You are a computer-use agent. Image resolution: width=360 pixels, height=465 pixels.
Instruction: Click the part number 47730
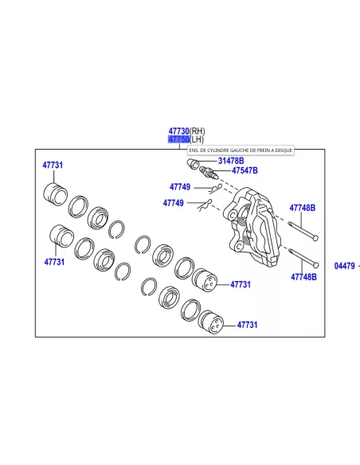coord(179,131)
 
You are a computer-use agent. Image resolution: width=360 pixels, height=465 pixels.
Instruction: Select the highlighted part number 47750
coord(178,139)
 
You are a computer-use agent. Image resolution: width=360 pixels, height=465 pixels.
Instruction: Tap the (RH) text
coord(198,131)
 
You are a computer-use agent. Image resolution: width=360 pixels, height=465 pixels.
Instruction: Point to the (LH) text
coord(197,139)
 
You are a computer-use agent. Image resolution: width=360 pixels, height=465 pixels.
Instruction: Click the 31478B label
coord(231,161)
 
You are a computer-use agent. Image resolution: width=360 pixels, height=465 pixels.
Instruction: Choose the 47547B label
coord(245,170)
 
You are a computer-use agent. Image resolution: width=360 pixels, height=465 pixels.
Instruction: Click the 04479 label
coord(344,266)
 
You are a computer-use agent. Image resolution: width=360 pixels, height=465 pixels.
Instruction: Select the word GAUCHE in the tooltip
coord(237,150)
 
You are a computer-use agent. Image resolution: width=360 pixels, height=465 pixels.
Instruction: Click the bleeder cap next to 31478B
coord(193,163)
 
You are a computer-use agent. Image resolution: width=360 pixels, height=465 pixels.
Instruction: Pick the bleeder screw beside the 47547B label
coord(209,173)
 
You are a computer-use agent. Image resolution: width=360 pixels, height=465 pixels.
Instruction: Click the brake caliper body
coord(253,227)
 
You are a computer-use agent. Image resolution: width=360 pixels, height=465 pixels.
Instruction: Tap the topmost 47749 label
coord(180,187)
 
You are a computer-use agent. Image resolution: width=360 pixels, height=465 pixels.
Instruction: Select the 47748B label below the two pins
coord(303,277)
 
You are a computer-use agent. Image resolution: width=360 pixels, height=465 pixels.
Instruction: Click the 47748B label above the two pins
coord(303,208)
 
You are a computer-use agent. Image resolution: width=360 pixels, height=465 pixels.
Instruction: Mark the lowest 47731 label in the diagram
coord(247,325)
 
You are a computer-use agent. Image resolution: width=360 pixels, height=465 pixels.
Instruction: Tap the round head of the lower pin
coord(316,265)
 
